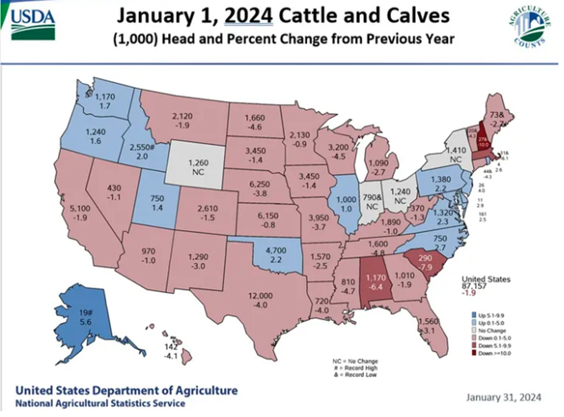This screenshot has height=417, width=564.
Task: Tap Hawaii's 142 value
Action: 172,347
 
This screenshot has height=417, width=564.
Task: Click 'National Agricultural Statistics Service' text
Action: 100,403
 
